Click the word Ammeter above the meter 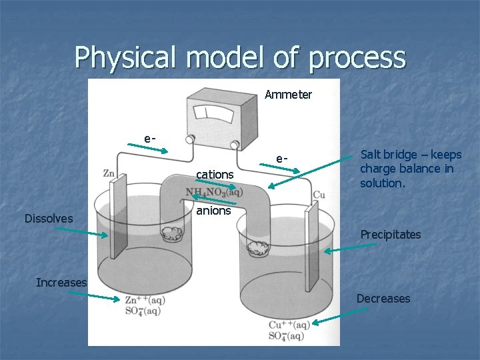288,95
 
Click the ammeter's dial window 213,114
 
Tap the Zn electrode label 109,173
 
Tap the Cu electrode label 319,195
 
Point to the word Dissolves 49,218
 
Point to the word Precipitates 391,234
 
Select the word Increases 61,282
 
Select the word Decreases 383,298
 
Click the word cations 214,175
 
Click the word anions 213,211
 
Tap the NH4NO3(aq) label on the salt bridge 214,192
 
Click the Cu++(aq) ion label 289,325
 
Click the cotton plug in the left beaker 171,233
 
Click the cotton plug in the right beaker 255,248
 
